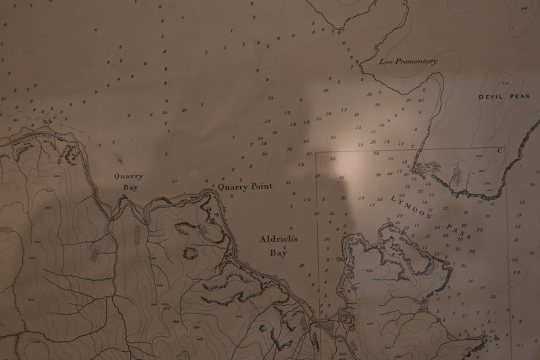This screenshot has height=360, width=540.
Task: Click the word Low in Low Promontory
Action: (386, 61)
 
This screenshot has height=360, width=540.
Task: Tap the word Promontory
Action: (416, 61)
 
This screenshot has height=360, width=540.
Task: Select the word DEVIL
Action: (492, 97)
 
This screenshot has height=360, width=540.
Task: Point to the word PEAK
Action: (520, 97)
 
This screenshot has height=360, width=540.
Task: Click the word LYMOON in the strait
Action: (413, 207)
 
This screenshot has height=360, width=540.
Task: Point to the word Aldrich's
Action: (279, 240)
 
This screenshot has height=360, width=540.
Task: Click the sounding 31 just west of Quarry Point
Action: (174, 181)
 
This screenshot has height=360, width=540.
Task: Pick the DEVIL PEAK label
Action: (505, 97)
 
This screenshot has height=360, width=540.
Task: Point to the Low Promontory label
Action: (407, 61)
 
